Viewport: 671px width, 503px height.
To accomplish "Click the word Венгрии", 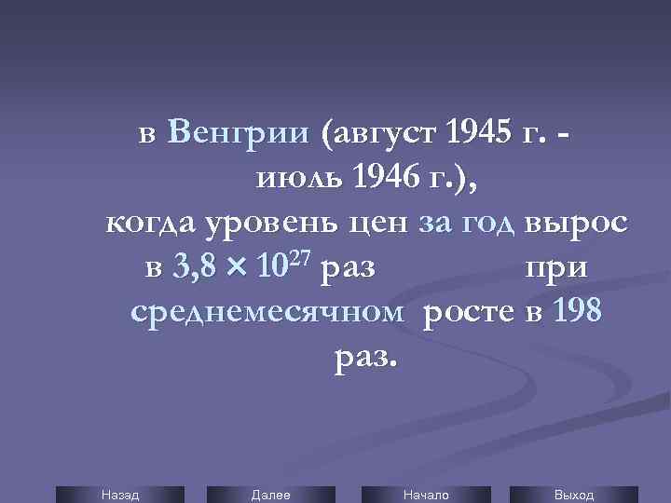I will tap(239, 135).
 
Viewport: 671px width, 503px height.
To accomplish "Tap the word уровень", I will tap(281, 224).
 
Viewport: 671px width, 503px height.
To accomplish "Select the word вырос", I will tap(576, 224).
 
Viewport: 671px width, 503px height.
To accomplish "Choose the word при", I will tap(556, 269).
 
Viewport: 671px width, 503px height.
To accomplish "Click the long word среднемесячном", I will tap(267, 313).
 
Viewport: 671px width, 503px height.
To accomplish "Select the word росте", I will tap(468, 313).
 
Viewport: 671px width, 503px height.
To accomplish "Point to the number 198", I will tap(578, 313).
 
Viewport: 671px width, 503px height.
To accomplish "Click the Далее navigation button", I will tap(270, 495).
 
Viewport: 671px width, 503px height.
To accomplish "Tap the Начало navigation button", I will tap(425, 495).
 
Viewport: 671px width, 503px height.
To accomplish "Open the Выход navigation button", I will tap(574, 495).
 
